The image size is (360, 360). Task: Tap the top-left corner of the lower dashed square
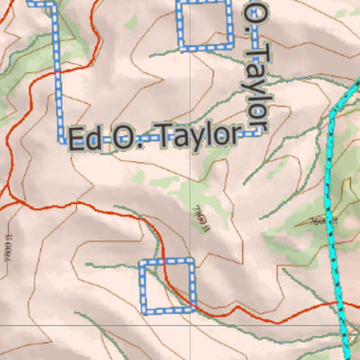141,262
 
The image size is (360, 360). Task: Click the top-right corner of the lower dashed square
192,261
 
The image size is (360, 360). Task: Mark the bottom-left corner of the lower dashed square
142,310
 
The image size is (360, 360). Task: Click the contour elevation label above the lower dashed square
200,217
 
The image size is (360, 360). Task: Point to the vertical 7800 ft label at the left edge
7,252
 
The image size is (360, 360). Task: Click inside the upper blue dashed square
203,27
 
